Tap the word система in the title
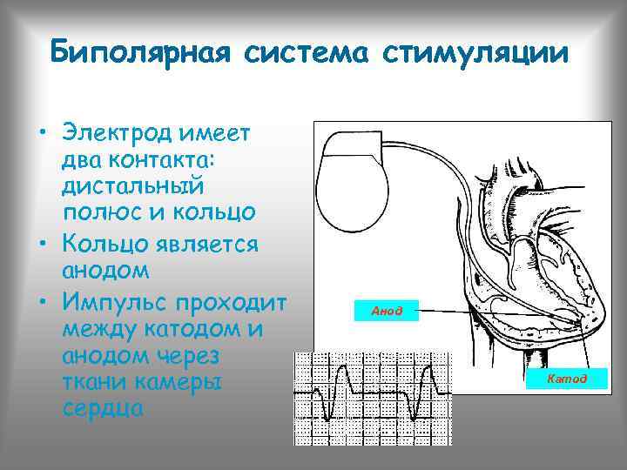[x=301, y=52]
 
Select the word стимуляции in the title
[x=477, y=52]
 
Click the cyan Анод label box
[x=388, y=311]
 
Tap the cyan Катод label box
[x=567, y=379]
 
